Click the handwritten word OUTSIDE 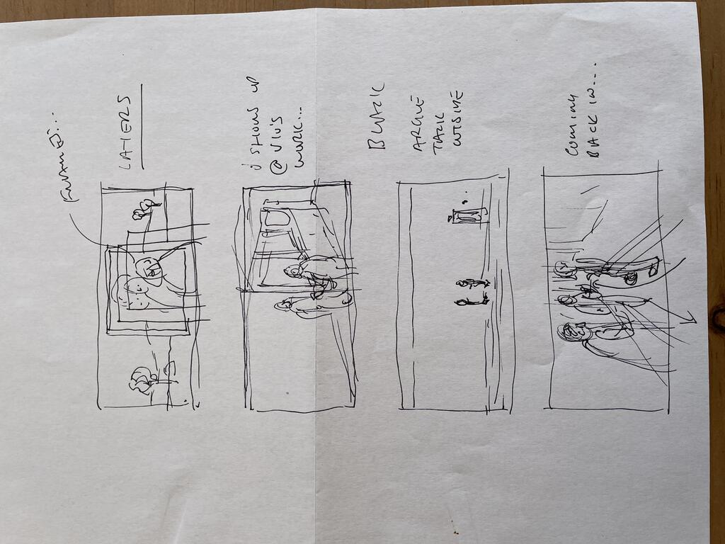[x=457, y=118]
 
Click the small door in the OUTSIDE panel [x=467, y=215]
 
